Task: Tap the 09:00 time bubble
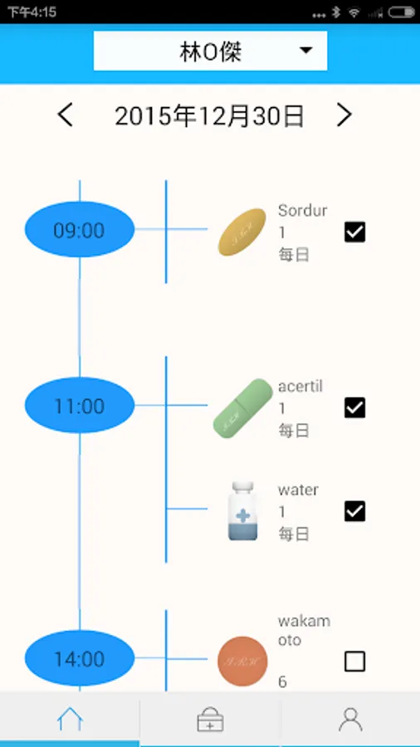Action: pos(79,230)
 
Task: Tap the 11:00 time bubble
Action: pos(79,406)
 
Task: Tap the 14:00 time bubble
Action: pos(79,659)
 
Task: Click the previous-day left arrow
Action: pos(66,115)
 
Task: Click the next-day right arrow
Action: pos(344,115)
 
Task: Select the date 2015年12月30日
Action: pos(209,116)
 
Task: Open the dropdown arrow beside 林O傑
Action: pos(306,51)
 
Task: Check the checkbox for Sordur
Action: pos(354,232)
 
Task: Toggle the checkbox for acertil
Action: pos(354,408)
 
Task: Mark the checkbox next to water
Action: pos(354,510)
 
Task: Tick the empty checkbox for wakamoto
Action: pos(354,661)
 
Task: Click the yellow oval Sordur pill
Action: pos(242,232)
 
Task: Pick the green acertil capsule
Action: pos(243,408)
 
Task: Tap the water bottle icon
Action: pos(243,511)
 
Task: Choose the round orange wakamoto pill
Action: pos(242,662)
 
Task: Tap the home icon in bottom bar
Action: pos(70,720)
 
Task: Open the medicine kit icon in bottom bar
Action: pos(210,720)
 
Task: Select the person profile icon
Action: pos(350,720)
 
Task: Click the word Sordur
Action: pos(302,210)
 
